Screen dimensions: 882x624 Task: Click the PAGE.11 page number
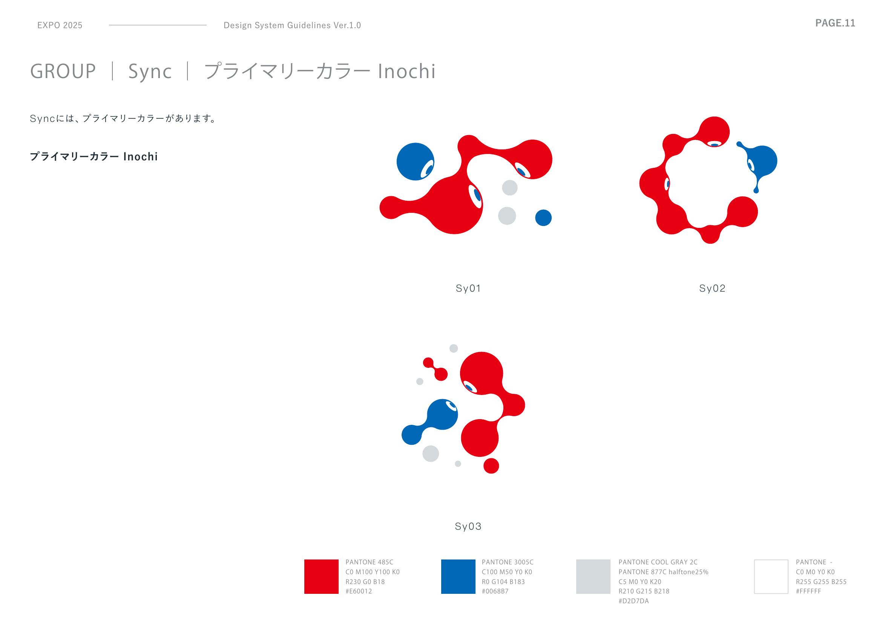[x=835, y=23]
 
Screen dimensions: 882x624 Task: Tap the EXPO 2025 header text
[x=60, y=25]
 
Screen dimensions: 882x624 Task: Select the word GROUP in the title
[x=63, y=71]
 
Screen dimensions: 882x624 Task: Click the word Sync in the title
[x=150, y=72]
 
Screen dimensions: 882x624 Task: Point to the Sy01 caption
[x=468, y=289]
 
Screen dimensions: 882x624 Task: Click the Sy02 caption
[x=712, y=289]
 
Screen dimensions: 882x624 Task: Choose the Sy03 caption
[x=468, y=526]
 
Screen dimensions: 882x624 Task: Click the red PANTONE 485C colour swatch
[x=321, y=576]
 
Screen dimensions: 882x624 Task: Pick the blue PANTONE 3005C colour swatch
[x=458, y=576]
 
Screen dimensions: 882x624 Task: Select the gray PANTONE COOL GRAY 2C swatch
[x=593, y=576]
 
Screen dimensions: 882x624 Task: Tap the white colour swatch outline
[x=755, y=576]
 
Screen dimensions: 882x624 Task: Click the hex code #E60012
[x=359, y=591]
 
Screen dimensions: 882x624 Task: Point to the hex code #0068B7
[x=495, y=591]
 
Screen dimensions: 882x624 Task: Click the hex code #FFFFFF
[x=808, y=591]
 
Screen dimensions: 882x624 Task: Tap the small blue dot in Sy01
[x=543, y=218]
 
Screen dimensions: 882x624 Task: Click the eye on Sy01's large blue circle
[x=427, y=169]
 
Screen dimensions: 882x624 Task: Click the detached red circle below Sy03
[x=491, y=466]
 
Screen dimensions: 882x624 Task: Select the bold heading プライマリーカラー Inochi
[x=94, y=157]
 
